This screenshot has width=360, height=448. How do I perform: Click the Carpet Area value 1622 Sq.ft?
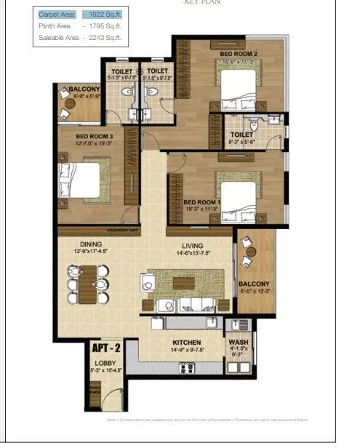click(x=102, y=14)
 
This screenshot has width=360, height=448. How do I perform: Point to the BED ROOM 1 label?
click(x=201, y=201)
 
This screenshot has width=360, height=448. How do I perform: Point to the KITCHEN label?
click(x=186, y=341)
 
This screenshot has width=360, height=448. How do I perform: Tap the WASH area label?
click(x=238, y=342)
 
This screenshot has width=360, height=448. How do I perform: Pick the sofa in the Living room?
click(x=197, y=304)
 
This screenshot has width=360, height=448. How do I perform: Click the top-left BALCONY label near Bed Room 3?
click(x=81, y=89)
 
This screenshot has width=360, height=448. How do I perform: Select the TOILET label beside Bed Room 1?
click(x=241, y=135)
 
